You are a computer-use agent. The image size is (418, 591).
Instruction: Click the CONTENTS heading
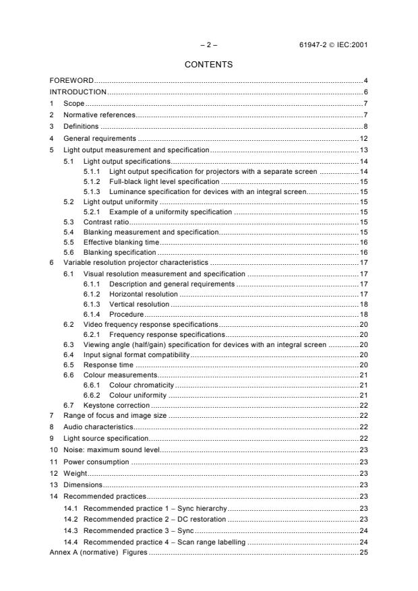click(209, 65)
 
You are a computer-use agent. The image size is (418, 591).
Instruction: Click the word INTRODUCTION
click(78, 92)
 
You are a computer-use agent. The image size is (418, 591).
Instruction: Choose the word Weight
click(74, 474)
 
